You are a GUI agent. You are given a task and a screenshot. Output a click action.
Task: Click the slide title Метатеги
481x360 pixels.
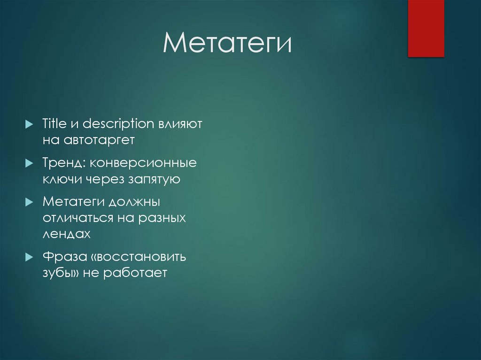pos(227,44)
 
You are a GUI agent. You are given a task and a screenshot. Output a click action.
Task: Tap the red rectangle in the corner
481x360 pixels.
pos(426,28)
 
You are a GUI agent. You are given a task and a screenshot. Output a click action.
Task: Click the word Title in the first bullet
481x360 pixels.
pos(54,124)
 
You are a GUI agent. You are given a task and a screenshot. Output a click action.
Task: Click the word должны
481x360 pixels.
pos(135,203)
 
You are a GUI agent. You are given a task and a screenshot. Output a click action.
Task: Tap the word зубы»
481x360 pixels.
pos(61,273)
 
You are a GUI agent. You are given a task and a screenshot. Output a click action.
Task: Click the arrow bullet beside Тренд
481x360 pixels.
pos(30,163)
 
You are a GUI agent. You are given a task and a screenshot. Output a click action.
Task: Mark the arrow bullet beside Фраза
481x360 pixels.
pos(30,257)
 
